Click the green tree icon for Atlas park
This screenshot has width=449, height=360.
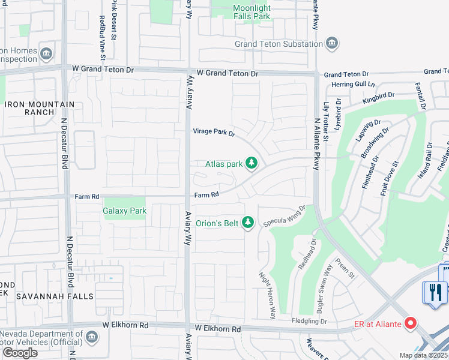tap(252, 163)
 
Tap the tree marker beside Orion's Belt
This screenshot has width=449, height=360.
tap(248, 223)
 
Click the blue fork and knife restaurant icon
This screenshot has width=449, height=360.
tap(435, 292)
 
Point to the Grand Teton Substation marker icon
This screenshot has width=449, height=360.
tap(332, 44)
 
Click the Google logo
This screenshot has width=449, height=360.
tap(19, 353)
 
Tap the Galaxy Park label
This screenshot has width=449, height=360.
tap(124, 211)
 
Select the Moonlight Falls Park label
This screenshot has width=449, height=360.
tap(252, 13)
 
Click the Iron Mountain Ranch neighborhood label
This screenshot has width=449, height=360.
tap(39, 109)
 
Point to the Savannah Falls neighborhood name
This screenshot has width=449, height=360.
tap(55, 296)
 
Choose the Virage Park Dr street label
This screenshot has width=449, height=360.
tap(214, 132)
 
